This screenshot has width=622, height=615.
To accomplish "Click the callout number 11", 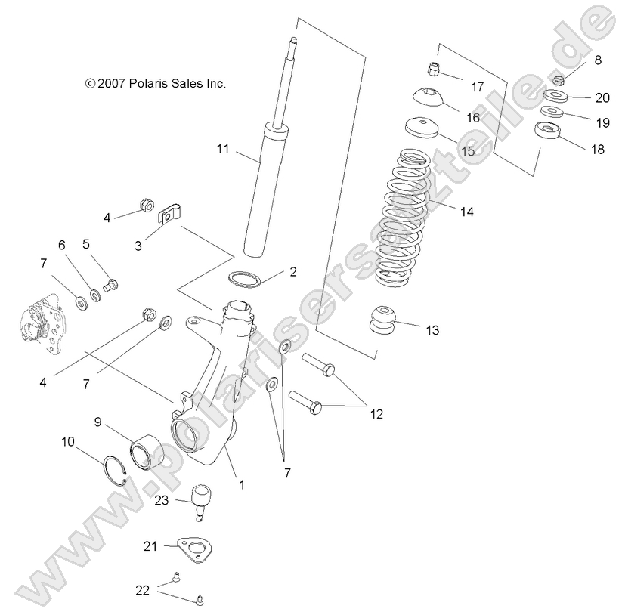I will point(222,149).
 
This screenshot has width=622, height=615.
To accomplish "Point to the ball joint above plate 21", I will point(200,499).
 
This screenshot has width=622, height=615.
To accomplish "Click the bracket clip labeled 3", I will point(171,215).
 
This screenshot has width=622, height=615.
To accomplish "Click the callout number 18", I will point(597,149).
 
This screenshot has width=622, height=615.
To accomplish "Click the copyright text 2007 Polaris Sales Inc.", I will point(155,84).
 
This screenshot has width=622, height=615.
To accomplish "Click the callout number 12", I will point(376,413).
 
